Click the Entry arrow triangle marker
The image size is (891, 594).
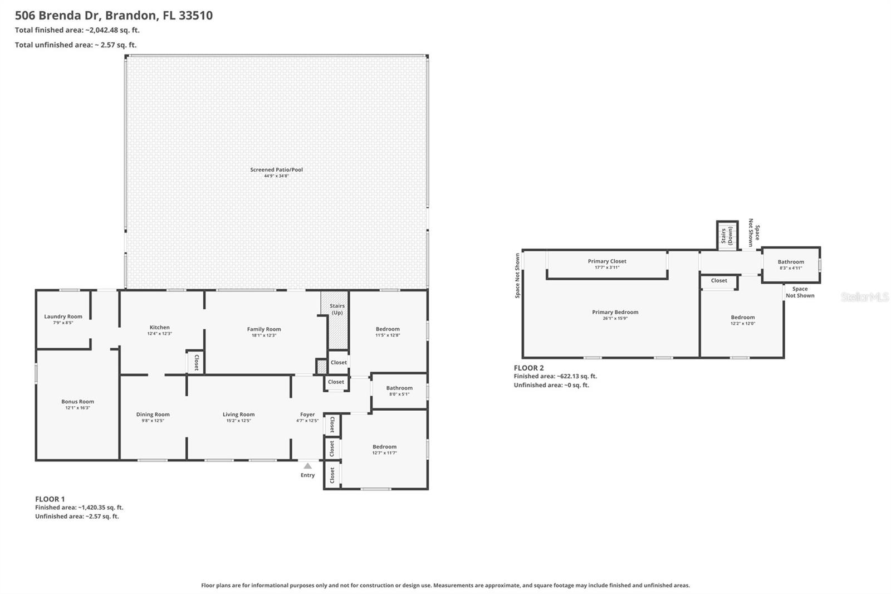tap(307, 466)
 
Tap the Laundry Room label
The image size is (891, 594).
tap(63, 317)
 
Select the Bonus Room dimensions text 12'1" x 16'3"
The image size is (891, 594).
tap(77, 408)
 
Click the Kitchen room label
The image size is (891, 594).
tap(159, 328)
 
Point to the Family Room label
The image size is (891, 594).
tap(264, 329)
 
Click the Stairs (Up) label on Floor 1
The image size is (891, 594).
tap(337, 309)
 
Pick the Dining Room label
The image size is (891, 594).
tap(153, 415)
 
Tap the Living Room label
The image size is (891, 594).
tap(238, 415)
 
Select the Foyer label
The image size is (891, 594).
tap(307, 415)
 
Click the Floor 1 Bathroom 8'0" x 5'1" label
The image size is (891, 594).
tap(399, 388)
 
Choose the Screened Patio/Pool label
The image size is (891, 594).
tap(276, 170)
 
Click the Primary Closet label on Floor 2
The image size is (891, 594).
tap(607, 261)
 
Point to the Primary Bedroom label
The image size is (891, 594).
tap(615, 313)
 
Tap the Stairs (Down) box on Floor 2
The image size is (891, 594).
tap(727, 235)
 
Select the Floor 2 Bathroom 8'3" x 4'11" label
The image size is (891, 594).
tap(791, 262)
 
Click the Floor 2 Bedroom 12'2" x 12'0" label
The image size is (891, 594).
tap(743, 318)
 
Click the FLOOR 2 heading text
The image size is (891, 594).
tap(528, 368)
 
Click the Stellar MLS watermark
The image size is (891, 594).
tap(865, 297)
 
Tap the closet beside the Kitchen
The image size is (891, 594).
tap(195, 363)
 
